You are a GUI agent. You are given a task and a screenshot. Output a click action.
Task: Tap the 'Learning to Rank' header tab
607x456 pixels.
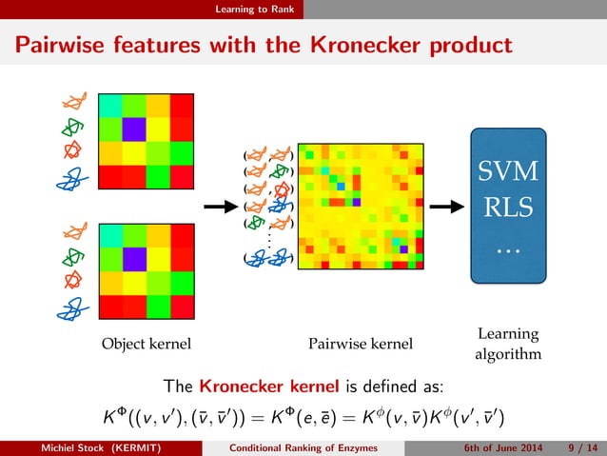(x=253, y=10)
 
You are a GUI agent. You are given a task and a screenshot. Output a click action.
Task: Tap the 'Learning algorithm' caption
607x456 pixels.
(x=508, y=345)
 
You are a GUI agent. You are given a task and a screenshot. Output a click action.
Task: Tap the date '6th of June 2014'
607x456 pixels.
(x=506, y=447)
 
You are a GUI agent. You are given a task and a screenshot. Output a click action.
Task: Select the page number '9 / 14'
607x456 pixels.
(x=578, y=447)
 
